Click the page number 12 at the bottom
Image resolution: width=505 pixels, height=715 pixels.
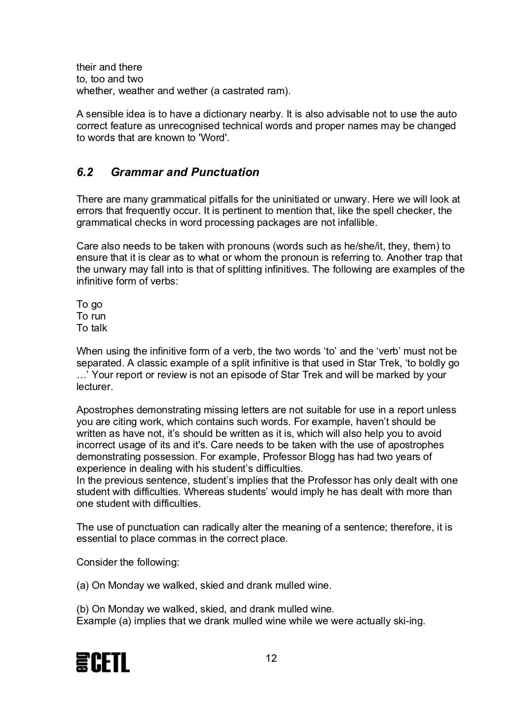tap(271, 658)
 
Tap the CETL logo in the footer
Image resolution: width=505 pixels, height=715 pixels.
tap(103, 662)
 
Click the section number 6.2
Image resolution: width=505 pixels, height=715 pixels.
tap(85, 172)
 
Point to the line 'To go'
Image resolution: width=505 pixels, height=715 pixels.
tap(89, 304)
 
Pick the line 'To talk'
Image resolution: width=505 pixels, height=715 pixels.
tap(92, 328)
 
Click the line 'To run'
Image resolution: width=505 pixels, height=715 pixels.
tap(91, 316)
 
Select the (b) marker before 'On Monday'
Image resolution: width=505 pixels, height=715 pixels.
tap(83, 609)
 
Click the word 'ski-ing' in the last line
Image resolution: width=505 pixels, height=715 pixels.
tap(407, 621)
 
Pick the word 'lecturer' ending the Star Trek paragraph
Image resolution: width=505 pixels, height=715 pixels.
tap(94, 387)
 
